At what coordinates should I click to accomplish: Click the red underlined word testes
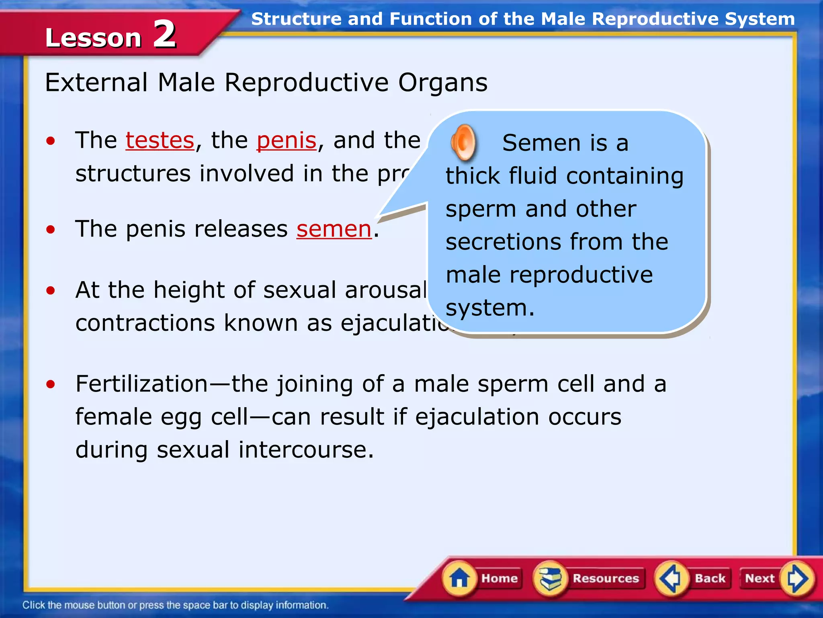point(160,140)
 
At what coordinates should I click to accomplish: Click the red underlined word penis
point(287,140)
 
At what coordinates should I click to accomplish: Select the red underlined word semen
point(334,229)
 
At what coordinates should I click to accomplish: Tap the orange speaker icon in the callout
point(463,142)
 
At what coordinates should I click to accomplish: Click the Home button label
point(500,578)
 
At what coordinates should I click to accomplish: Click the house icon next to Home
point(459,579)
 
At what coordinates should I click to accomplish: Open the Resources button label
point(606,578)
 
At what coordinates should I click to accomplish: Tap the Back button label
point(710,578)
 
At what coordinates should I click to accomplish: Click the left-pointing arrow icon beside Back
point(670,579)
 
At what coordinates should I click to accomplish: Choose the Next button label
point(760,578)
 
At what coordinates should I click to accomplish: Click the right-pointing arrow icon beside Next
point(797,579)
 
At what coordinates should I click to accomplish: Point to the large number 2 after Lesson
point(165,35)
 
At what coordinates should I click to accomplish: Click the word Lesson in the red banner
point(93,38)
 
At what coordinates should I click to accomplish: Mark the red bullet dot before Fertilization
point(50,384)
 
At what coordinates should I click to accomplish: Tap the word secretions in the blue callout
point(503,242)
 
